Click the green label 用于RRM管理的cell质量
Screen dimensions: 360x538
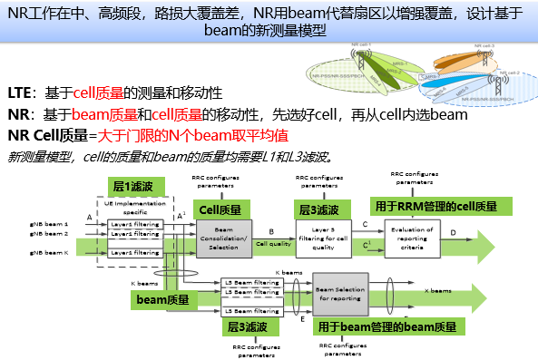coord(435,206)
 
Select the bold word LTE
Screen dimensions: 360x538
coord(19,93)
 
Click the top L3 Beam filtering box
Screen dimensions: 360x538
coord(252,282)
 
